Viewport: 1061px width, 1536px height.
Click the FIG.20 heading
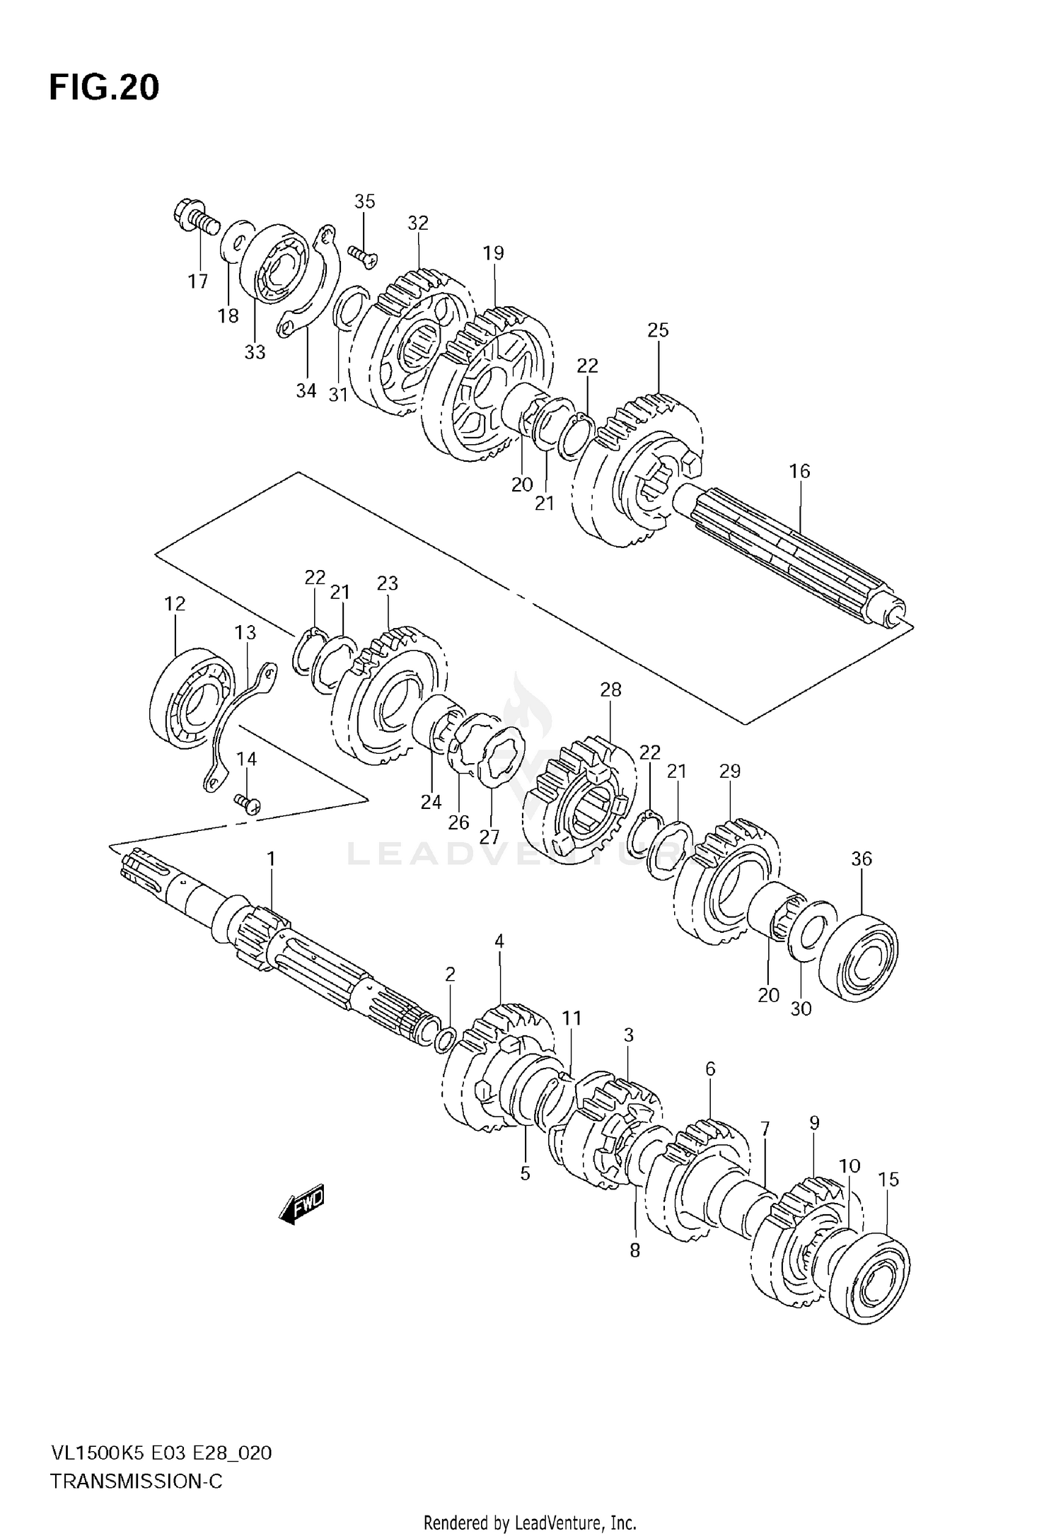104,88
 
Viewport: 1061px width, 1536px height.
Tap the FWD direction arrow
301,1203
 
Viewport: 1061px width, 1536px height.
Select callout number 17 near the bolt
198,281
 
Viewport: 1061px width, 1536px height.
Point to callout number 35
364,202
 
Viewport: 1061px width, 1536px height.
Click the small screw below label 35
364,255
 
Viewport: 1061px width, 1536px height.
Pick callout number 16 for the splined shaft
799,471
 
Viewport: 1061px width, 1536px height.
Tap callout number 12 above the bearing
175,603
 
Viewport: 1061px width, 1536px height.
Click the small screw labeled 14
248,803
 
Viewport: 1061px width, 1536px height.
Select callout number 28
610,690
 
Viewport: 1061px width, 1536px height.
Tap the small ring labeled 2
446,1039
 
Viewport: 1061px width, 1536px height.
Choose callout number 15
888,1179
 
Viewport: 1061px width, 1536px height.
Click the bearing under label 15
871,1276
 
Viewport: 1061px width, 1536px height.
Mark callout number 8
634,1250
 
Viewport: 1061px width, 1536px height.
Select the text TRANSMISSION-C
137,1458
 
